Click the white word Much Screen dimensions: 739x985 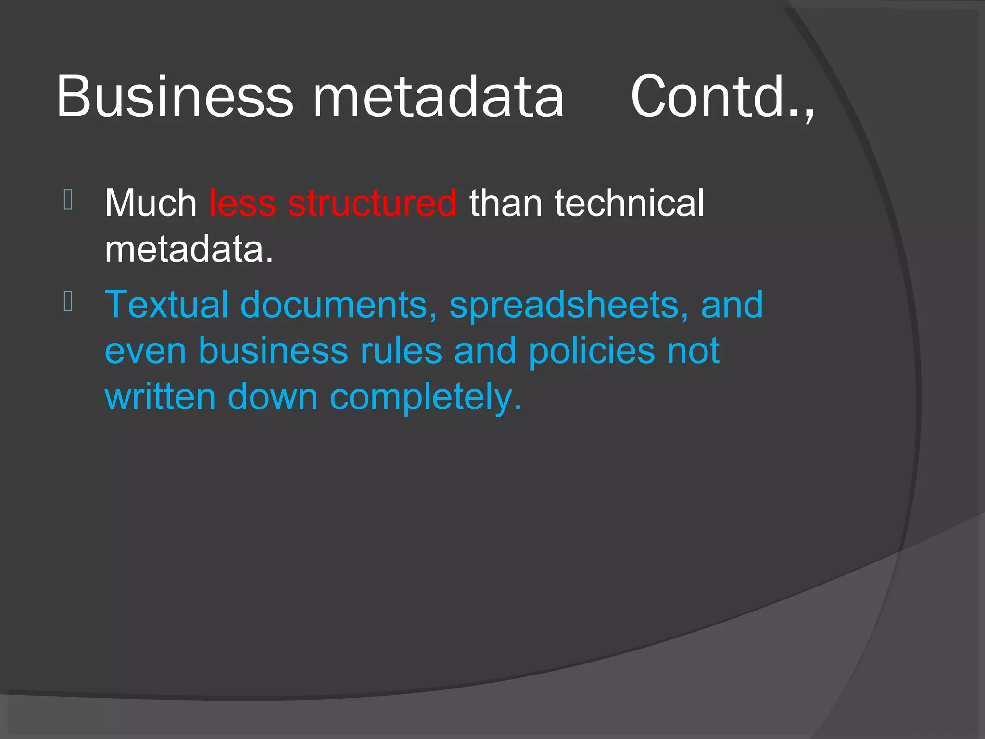click(151, 203)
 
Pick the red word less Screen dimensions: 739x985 click(242, 203)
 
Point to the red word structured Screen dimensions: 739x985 click(372, 203)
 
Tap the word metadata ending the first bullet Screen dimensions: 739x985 click(189, 249)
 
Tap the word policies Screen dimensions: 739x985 click(592, 351)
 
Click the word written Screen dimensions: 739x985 click(160, 397)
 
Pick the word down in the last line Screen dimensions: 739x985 click(272, 397)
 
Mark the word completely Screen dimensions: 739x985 click(425, 398)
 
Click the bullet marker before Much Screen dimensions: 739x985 click(68, 200)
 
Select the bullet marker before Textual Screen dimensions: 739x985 click(68, 302)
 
